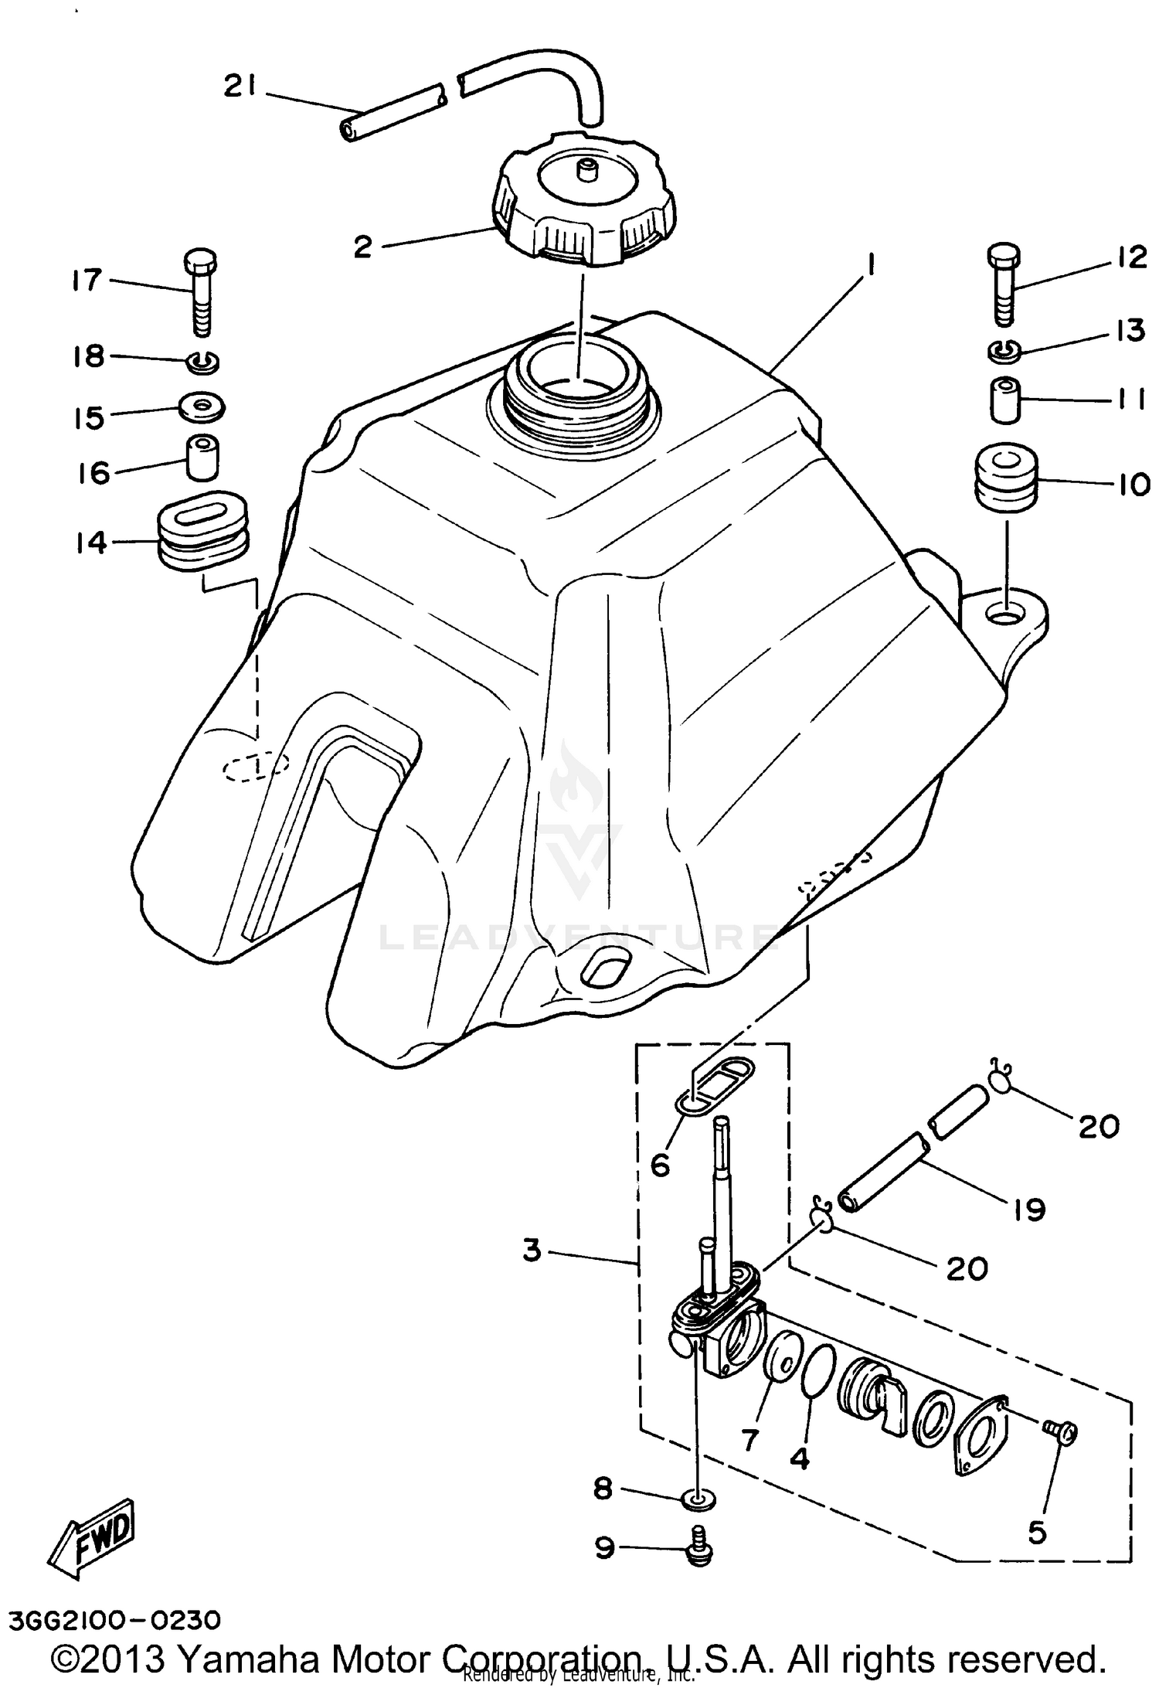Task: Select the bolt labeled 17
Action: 200,294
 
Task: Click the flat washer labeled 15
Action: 202,406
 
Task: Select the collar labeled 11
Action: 1005,400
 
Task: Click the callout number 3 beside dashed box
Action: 532,1250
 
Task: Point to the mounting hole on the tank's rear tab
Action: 1007,616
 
